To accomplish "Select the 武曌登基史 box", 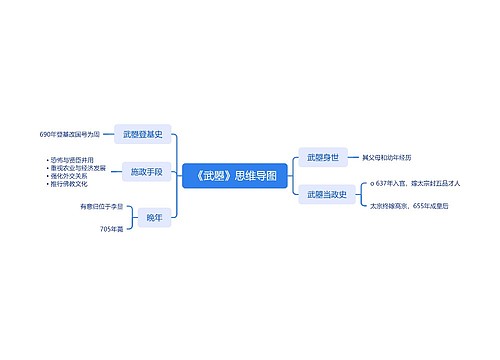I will (144, 133).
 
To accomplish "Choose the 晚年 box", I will (153, 217).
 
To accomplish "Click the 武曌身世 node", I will (323, 157).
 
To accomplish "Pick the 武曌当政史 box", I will (325, 194).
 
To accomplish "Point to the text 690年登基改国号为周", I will (70, 133).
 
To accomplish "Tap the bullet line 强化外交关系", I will (70, 177).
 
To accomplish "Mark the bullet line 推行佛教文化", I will (70, 185).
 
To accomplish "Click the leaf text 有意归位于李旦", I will (103, 206).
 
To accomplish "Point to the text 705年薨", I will (112, 229).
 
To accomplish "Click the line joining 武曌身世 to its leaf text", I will (353, 157).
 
